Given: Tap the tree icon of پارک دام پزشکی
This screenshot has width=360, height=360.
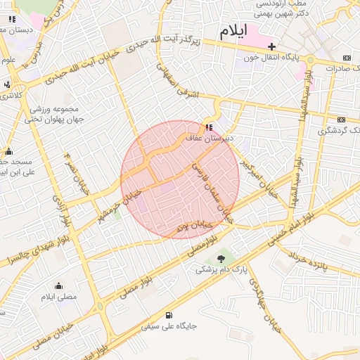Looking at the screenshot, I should click(x=221, y=260).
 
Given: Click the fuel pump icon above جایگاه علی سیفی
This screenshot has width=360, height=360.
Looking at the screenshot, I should click(x=169, y=315).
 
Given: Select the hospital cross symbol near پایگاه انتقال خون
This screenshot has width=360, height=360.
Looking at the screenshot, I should click(x=271, y=46).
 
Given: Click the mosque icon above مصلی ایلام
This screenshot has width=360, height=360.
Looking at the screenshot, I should click(x=58, y=285).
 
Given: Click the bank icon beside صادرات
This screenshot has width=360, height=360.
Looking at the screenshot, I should click(x=347, y=58).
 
